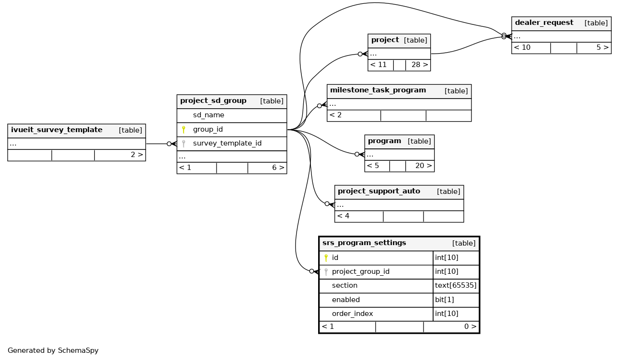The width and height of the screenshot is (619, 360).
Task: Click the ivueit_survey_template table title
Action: pos(57,130)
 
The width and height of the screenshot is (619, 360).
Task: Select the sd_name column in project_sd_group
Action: pos(208,115)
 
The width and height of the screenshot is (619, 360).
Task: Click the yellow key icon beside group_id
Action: pos(183,130)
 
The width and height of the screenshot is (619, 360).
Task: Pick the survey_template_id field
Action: pos(227,144)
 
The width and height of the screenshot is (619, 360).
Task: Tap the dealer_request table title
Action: pos(544,23)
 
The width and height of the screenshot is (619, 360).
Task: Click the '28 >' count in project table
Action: pos(419,65)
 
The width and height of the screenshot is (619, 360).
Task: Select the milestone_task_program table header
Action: pos(378,90)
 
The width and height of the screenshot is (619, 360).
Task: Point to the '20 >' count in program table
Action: pos(423,166)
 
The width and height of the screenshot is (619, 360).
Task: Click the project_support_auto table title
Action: pos(378,191)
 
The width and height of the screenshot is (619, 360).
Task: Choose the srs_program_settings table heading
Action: pos(364,243)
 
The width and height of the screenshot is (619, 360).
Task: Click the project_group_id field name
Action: pos(360,272)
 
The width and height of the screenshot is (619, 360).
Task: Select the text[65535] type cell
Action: pos(456,286)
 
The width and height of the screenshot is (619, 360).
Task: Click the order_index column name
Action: pos(352,314)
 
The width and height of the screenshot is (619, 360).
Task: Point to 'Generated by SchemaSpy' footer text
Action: pos(53,350)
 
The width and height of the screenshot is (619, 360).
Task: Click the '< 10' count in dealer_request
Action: pos(522,48)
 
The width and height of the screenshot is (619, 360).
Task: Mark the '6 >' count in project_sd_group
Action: pos(278,168)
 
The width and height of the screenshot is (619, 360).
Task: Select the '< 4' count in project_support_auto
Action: pos(343,216)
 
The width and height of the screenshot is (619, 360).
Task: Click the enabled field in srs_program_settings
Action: pos(345,300)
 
